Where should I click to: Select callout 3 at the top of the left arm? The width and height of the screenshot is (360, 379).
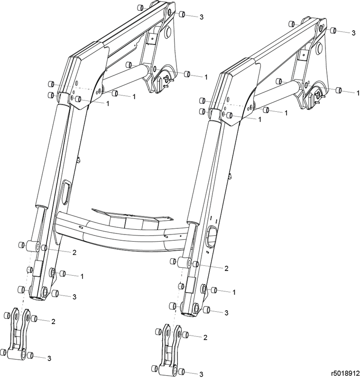pos(202,17)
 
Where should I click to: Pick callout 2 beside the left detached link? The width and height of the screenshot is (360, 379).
pos(54,322)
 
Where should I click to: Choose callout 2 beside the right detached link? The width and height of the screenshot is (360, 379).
pos(205,337)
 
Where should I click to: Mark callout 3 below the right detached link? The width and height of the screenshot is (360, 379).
pos(201,374)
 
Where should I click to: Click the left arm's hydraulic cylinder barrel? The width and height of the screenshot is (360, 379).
pos(50,156)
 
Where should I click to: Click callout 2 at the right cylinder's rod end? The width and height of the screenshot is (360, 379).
pos(226,269)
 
